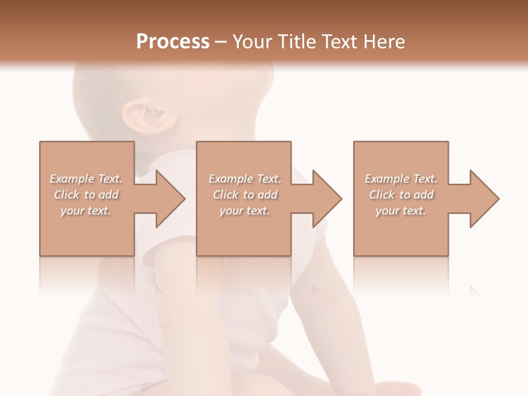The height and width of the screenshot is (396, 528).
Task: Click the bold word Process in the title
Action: coord(173,42)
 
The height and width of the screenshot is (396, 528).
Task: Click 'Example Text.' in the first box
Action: coord(86,179)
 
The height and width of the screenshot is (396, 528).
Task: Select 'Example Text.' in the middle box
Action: coord(245,179)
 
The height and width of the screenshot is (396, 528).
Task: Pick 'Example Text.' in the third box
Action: coord(401,179)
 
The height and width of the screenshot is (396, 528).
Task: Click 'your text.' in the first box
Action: coord(86,211)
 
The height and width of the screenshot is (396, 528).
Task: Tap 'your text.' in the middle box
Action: coord(244,211)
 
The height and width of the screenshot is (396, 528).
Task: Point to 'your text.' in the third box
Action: coord(401,211)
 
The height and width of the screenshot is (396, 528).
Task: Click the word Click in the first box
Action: coord(67,195)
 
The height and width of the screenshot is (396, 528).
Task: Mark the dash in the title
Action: coord(221,42)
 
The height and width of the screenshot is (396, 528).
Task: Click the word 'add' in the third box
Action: coord(424,195)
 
